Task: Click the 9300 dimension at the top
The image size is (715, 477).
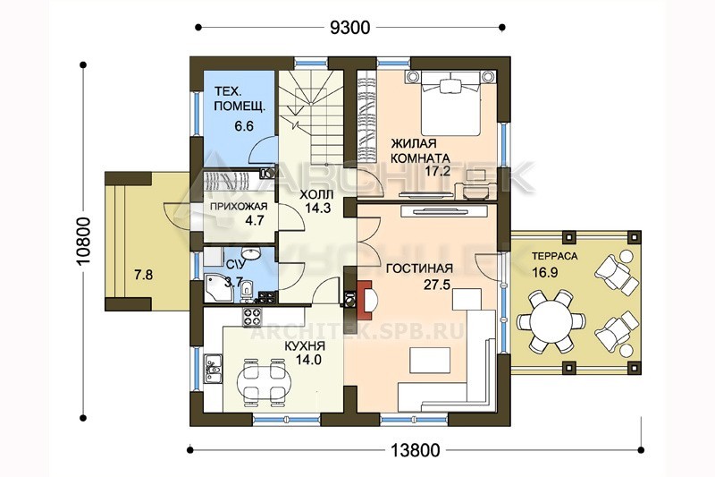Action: point(349,28)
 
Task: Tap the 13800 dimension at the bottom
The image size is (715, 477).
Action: point(416,450)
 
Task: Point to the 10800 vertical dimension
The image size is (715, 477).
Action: point(83,241)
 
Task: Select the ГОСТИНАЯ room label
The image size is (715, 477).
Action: point(419,268)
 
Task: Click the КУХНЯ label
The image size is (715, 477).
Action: point(305,346)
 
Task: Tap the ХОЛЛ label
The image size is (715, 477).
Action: point(316,195)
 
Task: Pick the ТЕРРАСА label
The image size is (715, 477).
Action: point(554,256)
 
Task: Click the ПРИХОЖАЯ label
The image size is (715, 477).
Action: point(239,207)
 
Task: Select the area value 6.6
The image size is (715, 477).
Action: point(244,126)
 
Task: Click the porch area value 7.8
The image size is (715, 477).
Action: point(144,275)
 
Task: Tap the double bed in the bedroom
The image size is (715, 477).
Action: point(451,103)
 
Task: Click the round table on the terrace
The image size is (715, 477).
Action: point(551,321)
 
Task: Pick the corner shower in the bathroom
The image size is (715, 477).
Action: point(218,287)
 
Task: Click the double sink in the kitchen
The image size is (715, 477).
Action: point(213,370)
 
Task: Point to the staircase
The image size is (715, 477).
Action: point(310,117)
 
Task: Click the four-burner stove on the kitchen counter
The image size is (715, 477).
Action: point(252,317)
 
